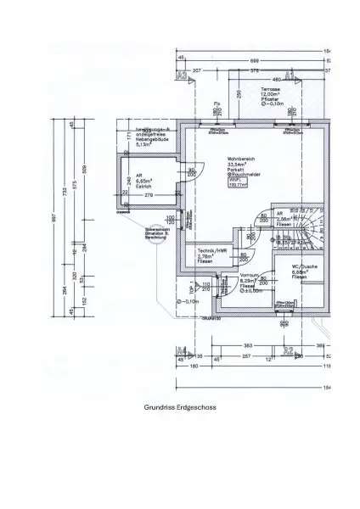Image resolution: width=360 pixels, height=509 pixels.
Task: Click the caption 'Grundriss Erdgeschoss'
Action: coord(180,407)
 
